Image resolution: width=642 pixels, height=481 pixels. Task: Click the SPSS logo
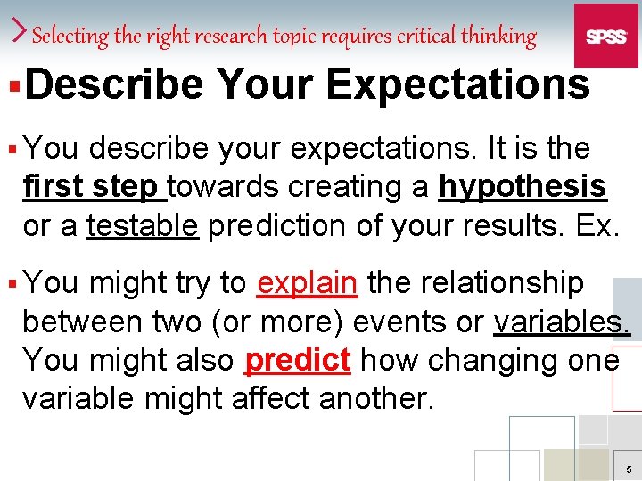click(605, 36)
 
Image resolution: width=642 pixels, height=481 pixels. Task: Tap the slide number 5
click(630, 469)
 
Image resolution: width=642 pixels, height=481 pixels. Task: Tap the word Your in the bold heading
click(264, 86)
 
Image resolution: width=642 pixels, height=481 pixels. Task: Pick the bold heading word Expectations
click(457, 86)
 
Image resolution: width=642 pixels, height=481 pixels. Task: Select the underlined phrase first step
click(93, 187)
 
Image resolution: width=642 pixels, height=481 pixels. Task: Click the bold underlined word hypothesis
click(523, 187)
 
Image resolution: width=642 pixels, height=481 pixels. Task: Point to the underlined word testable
click(143, 226)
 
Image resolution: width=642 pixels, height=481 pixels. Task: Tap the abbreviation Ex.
click(597, 226)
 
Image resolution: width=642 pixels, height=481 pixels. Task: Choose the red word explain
click(307, 283)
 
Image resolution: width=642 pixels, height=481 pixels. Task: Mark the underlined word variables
click(561, 322)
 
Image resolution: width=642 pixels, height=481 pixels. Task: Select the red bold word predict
click(297, 361)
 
